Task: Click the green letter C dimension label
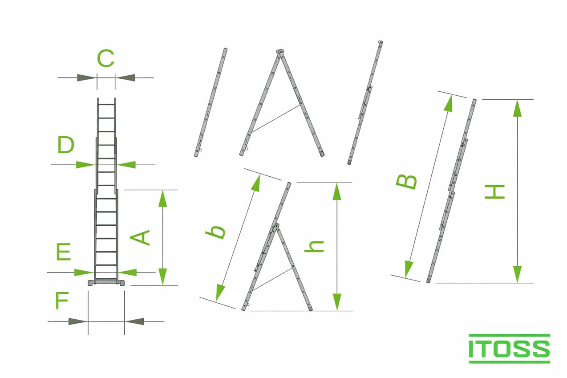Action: coord(105,58)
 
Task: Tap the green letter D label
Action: coord(66,145)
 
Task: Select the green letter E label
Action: coord(63,252)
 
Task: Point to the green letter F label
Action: coord(62,300)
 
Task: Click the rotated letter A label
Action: coord(140,237)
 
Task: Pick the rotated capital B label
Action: coord(406,181)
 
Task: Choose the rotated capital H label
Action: coord(494,191)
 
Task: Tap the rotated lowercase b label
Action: coord(215,232)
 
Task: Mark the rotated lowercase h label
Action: coord(314,246)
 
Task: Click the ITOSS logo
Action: coord(509,349)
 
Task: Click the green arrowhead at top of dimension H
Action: coord(518,108)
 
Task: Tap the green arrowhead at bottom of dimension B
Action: coord(408,269)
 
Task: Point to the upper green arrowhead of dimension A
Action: coord(163,199)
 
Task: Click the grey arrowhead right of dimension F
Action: coord(134,321)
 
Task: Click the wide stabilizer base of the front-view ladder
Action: coord(106,283)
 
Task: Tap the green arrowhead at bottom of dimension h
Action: coord(337,302)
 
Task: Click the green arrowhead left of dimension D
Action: coord(85,165)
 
